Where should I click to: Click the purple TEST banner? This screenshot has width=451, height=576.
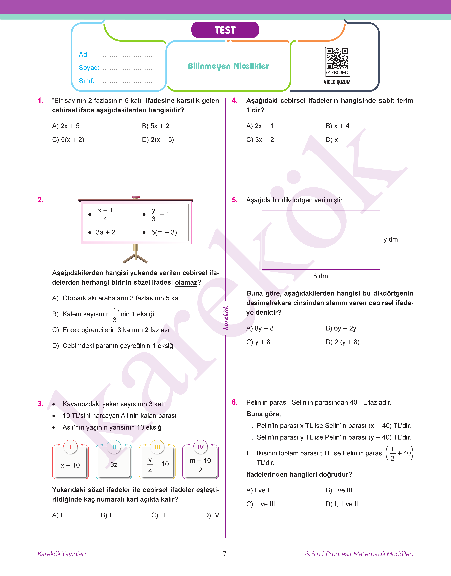click(x=225, y=30)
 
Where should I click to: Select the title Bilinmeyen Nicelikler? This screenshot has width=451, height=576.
click(x=228, y=66)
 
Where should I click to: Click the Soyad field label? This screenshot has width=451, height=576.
click(x=89, y=68)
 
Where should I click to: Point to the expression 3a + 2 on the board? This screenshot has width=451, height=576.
click(x=105, y=232)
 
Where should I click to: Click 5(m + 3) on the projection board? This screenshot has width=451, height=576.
click(x=164, y=232)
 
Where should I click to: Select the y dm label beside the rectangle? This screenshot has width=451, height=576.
click(x=391, y=239)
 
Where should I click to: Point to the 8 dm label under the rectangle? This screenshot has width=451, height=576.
click(x=320, y=276)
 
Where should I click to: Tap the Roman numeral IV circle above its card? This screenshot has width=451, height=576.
click(x=200, y=447)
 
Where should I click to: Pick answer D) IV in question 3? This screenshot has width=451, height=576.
click(x=212, y=515)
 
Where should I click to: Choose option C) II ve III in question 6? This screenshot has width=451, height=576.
click(x=261, y=504)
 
